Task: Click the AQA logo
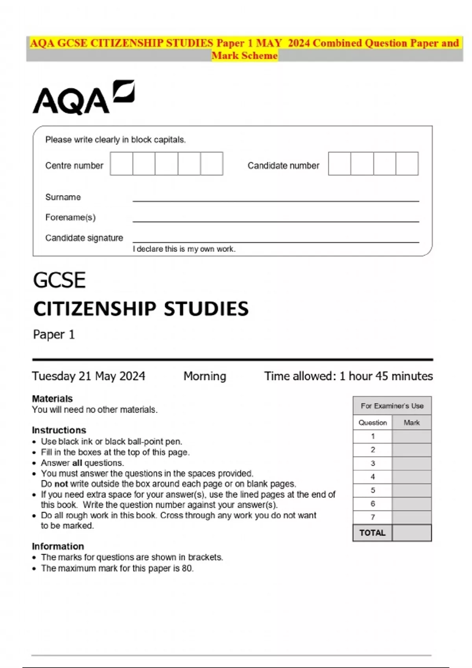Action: [x=83, y=98]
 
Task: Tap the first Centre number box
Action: [x=122, y=164]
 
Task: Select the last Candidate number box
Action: [x=407, y=164]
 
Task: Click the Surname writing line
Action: [x=275, y=200]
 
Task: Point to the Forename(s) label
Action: [x=70, y=217]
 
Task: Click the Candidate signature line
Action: [x=275, y=241]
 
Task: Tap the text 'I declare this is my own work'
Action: [x=184, y=249]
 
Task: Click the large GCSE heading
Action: [x=59, y=280]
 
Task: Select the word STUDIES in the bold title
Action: [x=206, y=309]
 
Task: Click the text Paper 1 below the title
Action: [x=54, y=334]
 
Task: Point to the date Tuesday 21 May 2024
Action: [x=88, y=376]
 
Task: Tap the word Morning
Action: [x=205, y=376]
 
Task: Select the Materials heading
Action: [x=52, y=398]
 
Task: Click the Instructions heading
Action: [x=59, y=430]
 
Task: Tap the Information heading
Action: [x=58, y=546]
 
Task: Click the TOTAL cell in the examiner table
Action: [x=372, y=533]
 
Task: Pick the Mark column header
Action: [x=411, y=423]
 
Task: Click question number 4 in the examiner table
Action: [x=372, y=477]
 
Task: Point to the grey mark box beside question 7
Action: [x=411, y=517]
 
